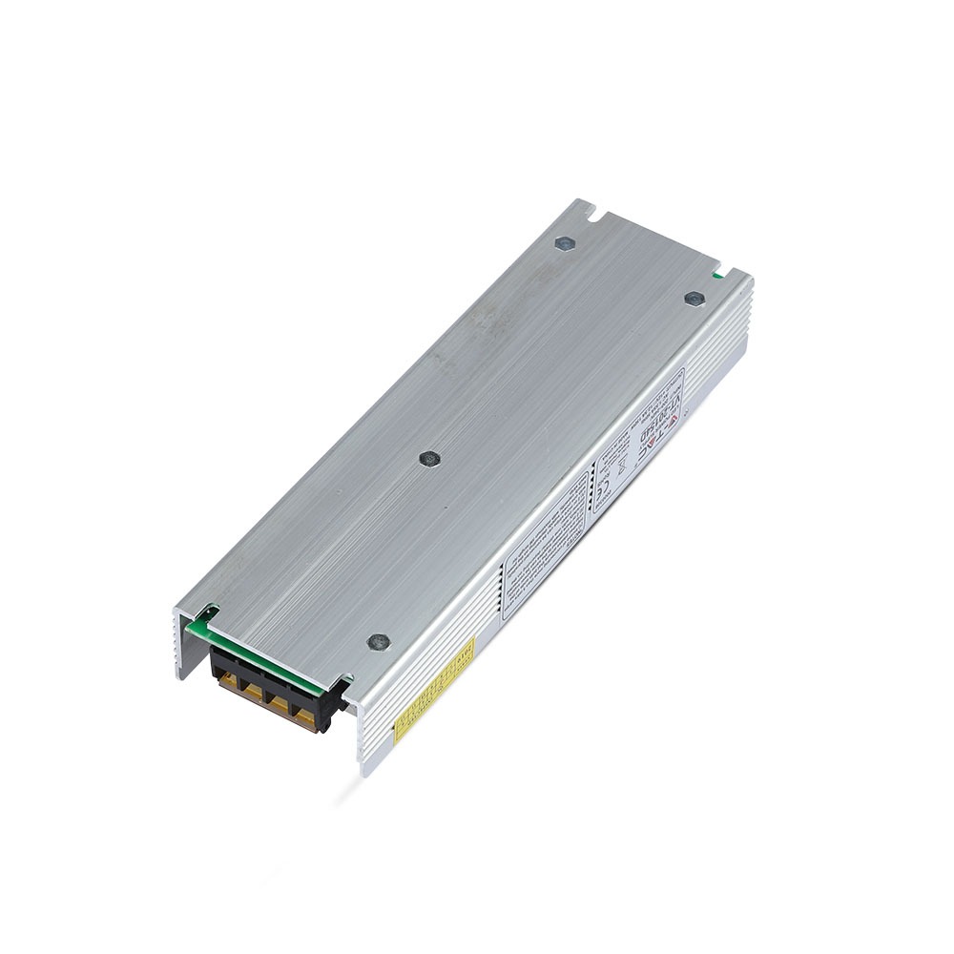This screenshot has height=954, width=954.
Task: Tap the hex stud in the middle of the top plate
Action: [428, 459]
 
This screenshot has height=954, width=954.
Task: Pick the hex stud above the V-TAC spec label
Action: [694, 299]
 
